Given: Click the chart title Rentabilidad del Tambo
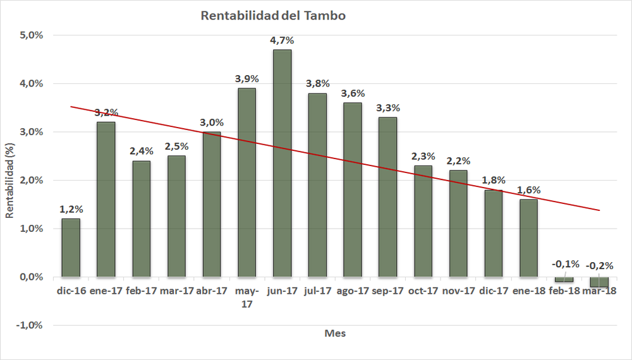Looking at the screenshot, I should (x=273, y=16).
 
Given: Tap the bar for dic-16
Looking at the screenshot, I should (x=70, y=248).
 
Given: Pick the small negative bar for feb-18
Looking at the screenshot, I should (x=564, y=279).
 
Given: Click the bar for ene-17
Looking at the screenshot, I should (x=106, y=199).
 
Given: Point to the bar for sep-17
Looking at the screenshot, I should (x=387, y=197).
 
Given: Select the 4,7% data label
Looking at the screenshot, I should (x=282, y=40).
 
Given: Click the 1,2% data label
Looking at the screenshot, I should (x=71, y=209).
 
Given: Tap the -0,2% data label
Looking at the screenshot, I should (x=600, y=265).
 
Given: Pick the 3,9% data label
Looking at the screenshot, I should (x=246, y=79).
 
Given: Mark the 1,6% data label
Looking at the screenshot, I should (x=528, y=190).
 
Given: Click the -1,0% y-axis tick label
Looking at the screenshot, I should (x=30, y=325).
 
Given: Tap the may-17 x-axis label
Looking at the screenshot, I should (x=246, y=297).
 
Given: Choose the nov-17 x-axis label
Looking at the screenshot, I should (x=458, y=291).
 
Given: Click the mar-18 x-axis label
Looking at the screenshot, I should (x=600, y=291).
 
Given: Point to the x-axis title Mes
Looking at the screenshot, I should (x=335, y=333).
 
